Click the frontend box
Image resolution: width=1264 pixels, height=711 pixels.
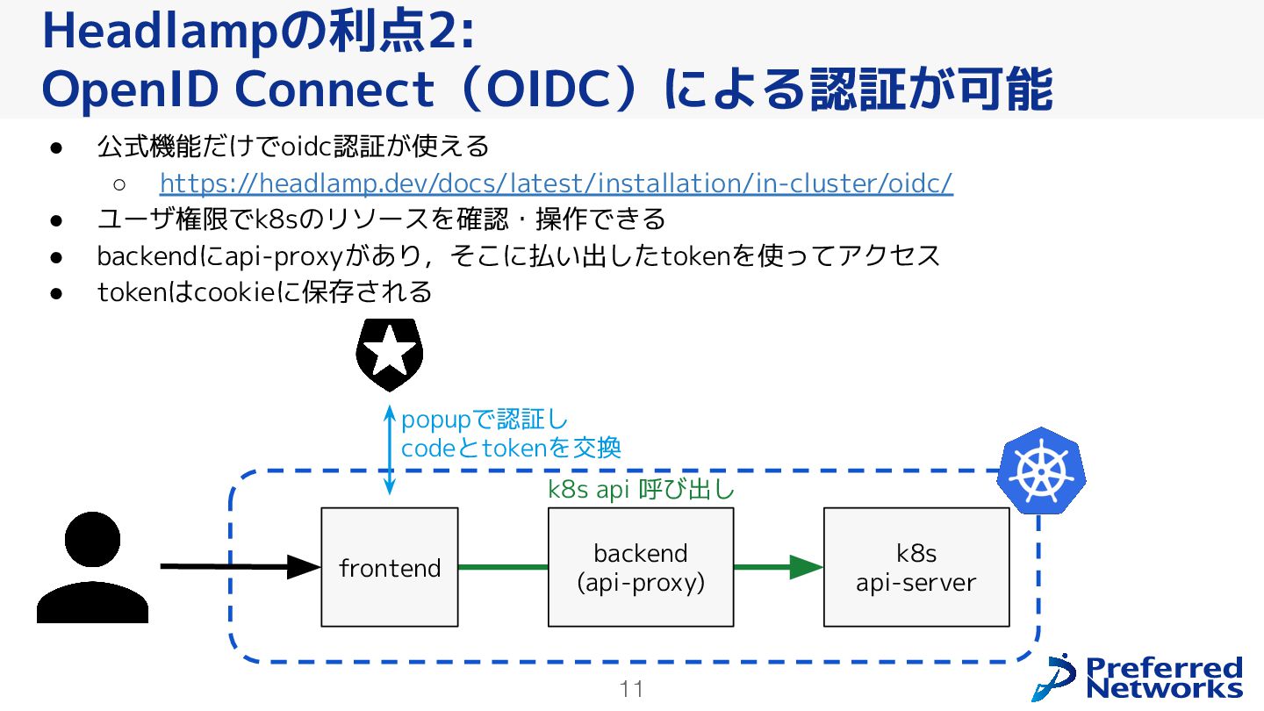(x=389, y=567)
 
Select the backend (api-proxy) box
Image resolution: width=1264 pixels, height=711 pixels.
(x=640, y=567)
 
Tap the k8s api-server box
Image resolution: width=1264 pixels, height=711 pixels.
(x=916, y=567)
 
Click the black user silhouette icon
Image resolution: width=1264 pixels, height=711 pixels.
(x=92, y=568)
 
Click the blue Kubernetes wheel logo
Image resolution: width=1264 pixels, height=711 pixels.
(x=1041, y=470)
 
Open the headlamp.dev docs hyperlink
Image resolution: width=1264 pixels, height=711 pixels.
(x=556, y=183)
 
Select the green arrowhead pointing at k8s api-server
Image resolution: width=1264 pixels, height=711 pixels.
(x=805, y=567)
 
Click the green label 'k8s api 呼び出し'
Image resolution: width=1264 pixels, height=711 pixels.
(x=641, y=490)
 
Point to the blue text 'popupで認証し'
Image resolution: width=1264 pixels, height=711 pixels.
(x=484, y=420)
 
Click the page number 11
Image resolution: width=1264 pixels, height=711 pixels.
(x=631, y=689)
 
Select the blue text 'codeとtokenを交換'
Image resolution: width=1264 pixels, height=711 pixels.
(x=511, y=448)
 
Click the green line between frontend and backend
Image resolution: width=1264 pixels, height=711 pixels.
(x=503, y=567)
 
